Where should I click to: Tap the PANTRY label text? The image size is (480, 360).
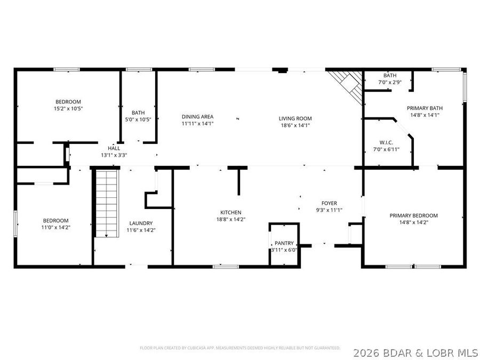tap(284, 243)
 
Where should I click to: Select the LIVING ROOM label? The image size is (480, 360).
tap(295, 118)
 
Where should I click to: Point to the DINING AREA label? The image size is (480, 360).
tap(197, 117)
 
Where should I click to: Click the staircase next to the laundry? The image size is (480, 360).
tap(107, 203)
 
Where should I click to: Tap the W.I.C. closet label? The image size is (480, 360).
tap(386, 142)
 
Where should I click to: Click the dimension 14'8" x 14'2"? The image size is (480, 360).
tap(413, 222)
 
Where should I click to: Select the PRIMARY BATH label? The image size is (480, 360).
tap(425, 108)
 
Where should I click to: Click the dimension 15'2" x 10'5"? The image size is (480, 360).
tap(68, 108)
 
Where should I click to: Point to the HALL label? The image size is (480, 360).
tap(114, 148)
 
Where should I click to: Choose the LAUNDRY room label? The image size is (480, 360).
tap(141, 223)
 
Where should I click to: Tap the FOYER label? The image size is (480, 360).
tap(329, 203)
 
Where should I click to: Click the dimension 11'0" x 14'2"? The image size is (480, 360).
tap(55, 227)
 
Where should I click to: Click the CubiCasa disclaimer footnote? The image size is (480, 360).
tap(240, 348)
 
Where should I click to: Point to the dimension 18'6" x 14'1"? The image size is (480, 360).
tap(295, 125)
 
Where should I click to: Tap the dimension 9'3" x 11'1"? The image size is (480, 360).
tap(329, 210)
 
